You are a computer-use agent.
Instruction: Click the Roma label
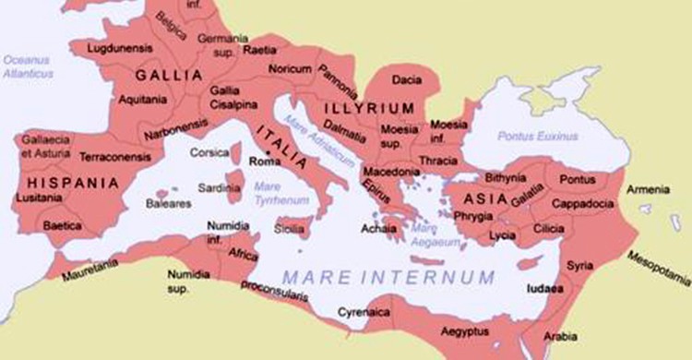click(266, 162)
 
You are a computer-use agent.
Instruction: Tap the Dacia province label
click(406, 79)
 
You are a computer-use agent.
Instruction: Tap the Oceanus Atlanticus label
click(28, 66)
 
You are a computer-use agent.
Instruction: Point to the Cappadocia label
click(583, 203)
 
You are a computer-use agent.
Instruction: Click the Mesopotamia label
click(658, 269)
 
